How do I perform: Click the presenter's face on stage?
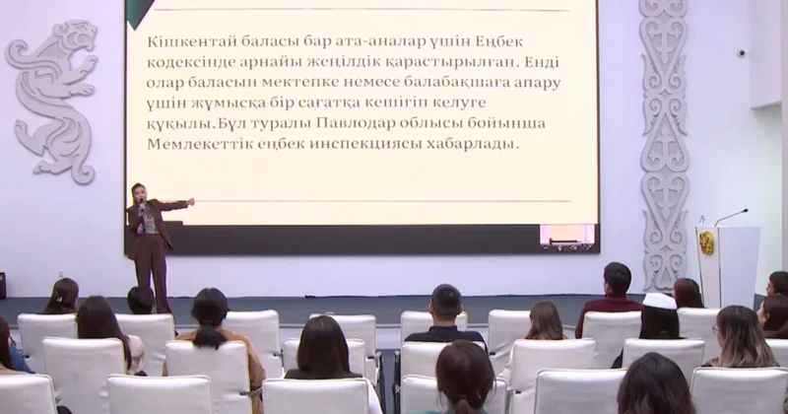[x=139, y=191]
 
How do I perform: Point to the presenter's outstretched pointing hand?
[x=190, y=202]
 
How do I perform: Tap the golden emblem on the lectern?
[x=706, y=243]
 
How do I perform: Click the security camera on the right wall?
[x=741, y=51]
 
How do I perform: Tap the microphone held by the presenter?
[x=141, y=205]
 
